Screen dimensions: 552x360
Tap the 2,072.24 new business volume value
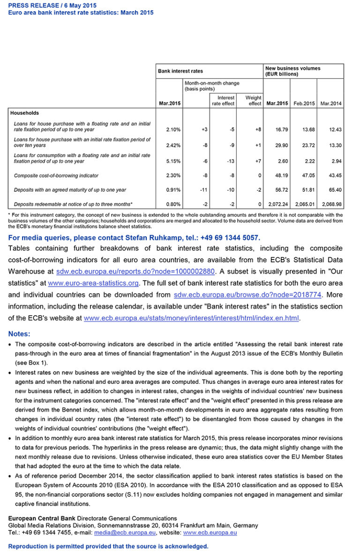click(x=277, y=204)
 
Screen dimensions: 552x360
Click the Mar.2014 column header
click(x=331, y=103)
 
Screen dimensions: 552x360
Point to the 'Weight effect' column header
click(x=254, y=101)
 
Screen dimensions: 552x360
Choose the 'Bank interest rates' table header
click(x=180, y=71)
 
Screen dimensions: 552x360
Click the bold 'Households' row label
click(x=24, y=113)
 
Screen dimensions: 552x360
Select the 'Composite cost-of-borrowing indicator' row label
click(x=56, y=176)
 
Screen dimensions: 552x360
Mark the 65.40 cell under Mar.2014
click(x=335, y=190)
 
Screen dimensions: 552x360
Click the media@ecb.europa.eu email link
click(x=125, y=533)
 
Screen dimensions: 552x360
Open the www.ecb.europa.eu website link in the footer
click(x=210, y=533)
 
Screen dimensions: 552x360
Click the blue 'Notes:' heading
click(x=19, y=334)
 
